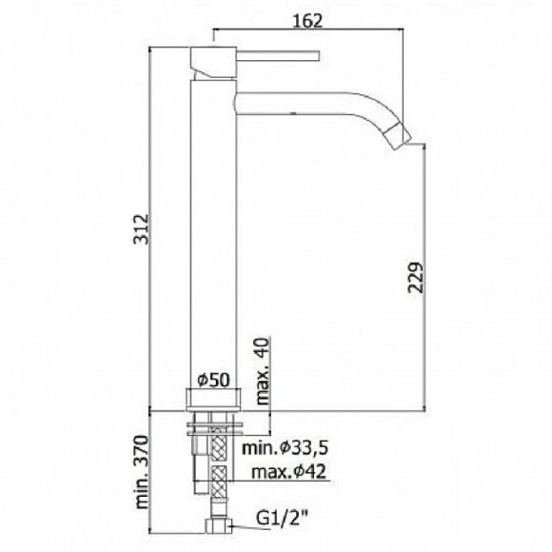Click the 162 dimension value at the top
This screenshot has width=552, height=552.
coord(307,21)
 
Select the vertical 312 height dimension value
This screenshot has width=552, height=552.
coord(142,228)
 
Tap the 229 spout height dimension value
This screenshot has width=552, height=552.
coord(415,277)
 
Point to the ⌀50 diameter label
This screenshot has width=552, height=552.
coord(213,380)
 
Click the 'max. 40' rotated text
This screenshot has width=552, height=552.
coord(263,371)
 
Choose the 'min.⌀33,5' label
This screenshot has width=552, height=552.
coord(285,448)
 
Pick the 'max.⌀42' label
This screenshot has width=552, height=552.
coord(288,471)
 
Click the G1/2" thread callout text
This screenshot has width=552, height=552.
coord(282,519)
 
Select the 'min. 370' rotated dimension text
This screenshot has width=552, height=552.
coord(142,472)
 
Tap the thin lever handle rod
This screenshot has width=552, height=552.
coord(278,56)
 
